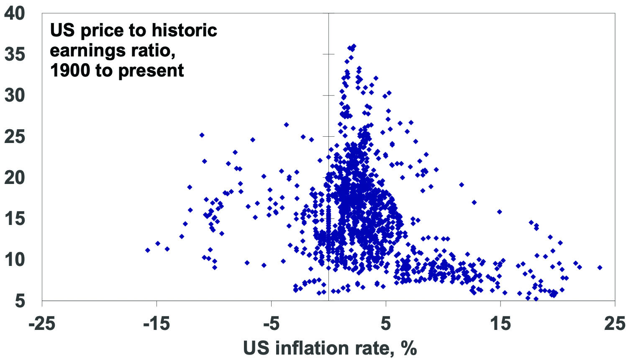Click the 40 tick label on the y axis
tap(15, 13)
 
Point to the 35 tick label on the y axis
tap(15, 54)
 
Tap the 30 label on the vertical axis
tap(15, 95)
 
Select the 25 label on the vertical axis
tap(15, 136)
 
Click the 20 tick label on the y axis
tap(15, 177)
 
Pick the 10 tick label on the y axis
tap(15, 259)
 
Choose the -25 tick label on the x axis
tap(42, 324)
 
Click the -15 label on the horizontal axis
tap(156, 324)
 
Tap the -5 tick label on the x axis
tap(271, 324)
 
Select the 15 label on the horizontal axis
tap(500, 324)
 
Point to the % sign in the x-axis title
tap(408, 348)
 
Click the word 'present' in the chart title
tap(151, 71)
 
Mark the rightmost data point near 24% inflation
tap(600, 267)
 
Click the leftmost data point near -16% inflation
tap(147, 250)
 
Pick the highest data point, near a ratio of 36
tap(354, 46)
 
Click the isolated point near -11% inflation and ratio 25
tap(202, 135)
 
